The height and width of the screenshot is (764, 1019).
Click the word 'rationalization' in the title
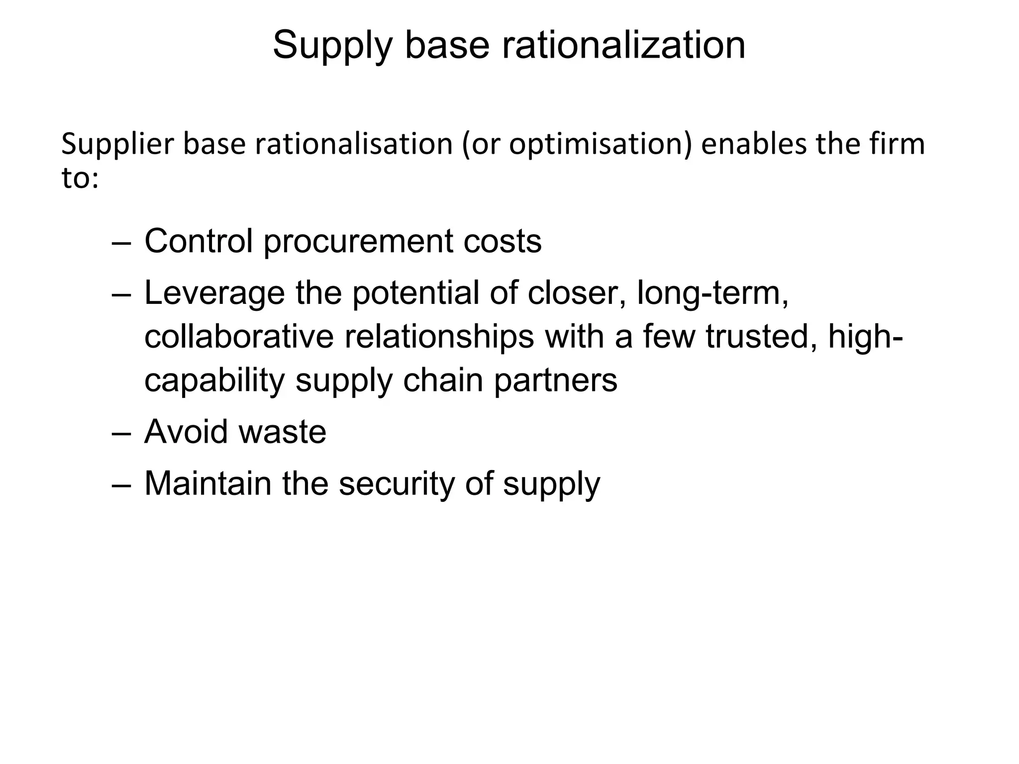[623, 45]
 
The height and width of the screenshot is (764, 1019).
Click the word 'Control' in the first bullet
[199, 241]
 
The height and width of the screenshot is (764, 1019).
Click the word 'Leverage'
[214, 293]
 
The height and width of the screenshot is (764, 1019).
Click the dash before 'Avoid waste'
[121, 433]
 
